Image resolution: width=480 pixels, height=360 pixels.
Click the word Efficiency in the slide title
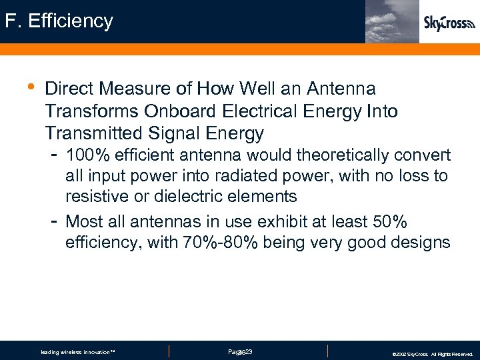tap(73, 21)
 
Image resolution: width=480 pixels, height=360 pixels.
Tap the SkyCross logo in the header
tap(449, 23)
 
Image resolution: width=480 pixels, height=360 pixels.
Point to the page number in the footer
tap(239, 351)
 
